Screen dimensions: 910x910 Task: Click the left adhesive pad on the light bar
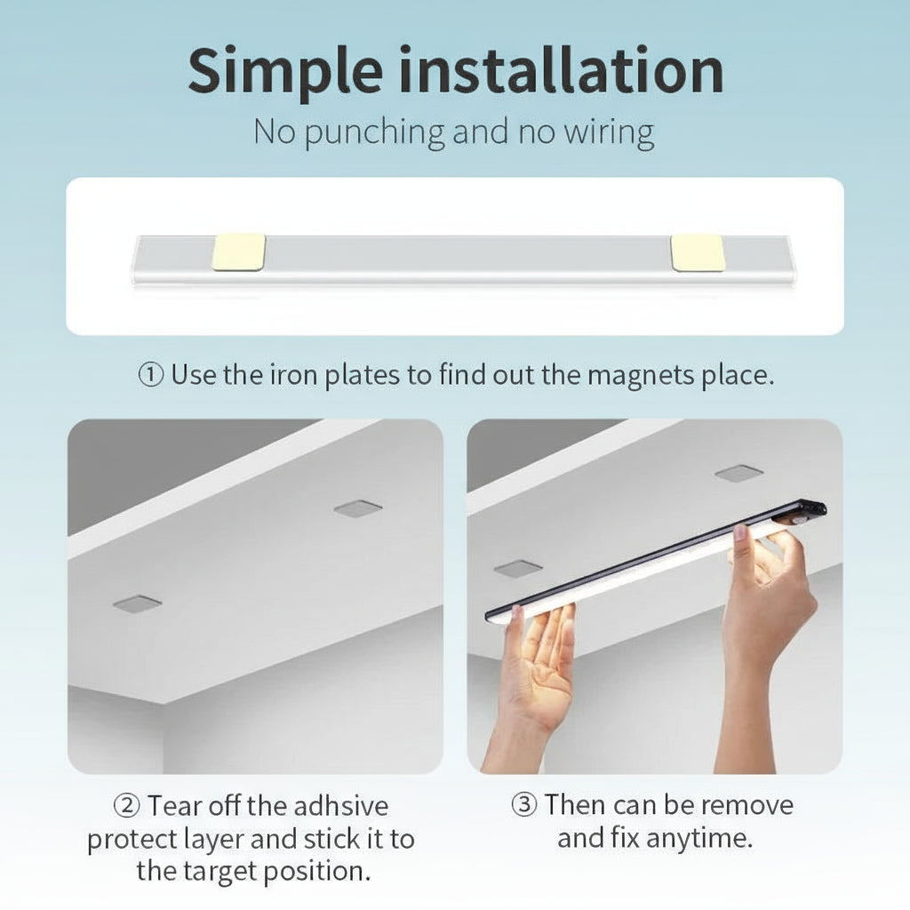[x=239, y=252]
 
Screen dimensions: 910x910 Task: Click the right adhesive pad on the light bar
[x=698, y=252]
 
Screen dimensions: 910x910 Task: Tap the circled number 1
[x=150, y=375]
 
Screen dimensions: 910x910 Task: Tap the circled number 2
[x=127, y=807]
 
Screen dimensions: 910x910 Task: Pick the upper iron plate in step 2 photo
[x=358, y=508]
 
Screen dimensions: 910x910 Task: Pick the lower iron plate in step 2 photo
[x=138, y=603]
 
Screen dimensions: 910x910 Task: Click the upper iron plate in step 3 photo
[x=738, y=473]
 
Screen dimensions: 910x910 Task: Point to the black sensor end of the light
[x=804, y=513]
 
